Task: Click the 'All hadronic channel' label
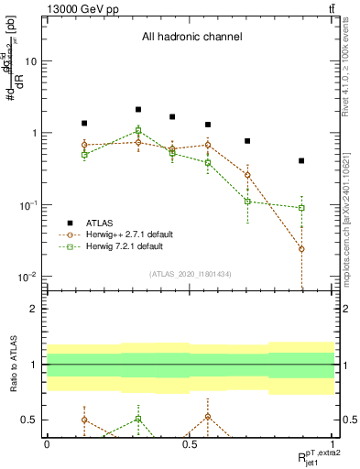point(191,38)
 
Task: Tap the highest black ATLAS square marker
point(138,109)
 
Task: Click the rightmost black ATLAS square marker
point(301,160)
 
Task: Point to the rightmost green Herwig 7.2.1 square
point(301,208)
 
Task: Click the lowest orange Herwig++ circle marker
point(301,249)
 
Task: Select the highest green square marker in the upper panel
point(138,130)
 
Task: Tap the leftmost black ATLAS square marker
point(84,123)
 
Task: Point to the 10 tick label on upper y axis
point(30,61)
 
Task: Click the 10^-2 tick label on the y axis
point(27,277)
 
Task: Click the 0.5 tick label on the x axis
point(190,443)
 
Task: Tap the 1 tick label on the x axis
point(333,443)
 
